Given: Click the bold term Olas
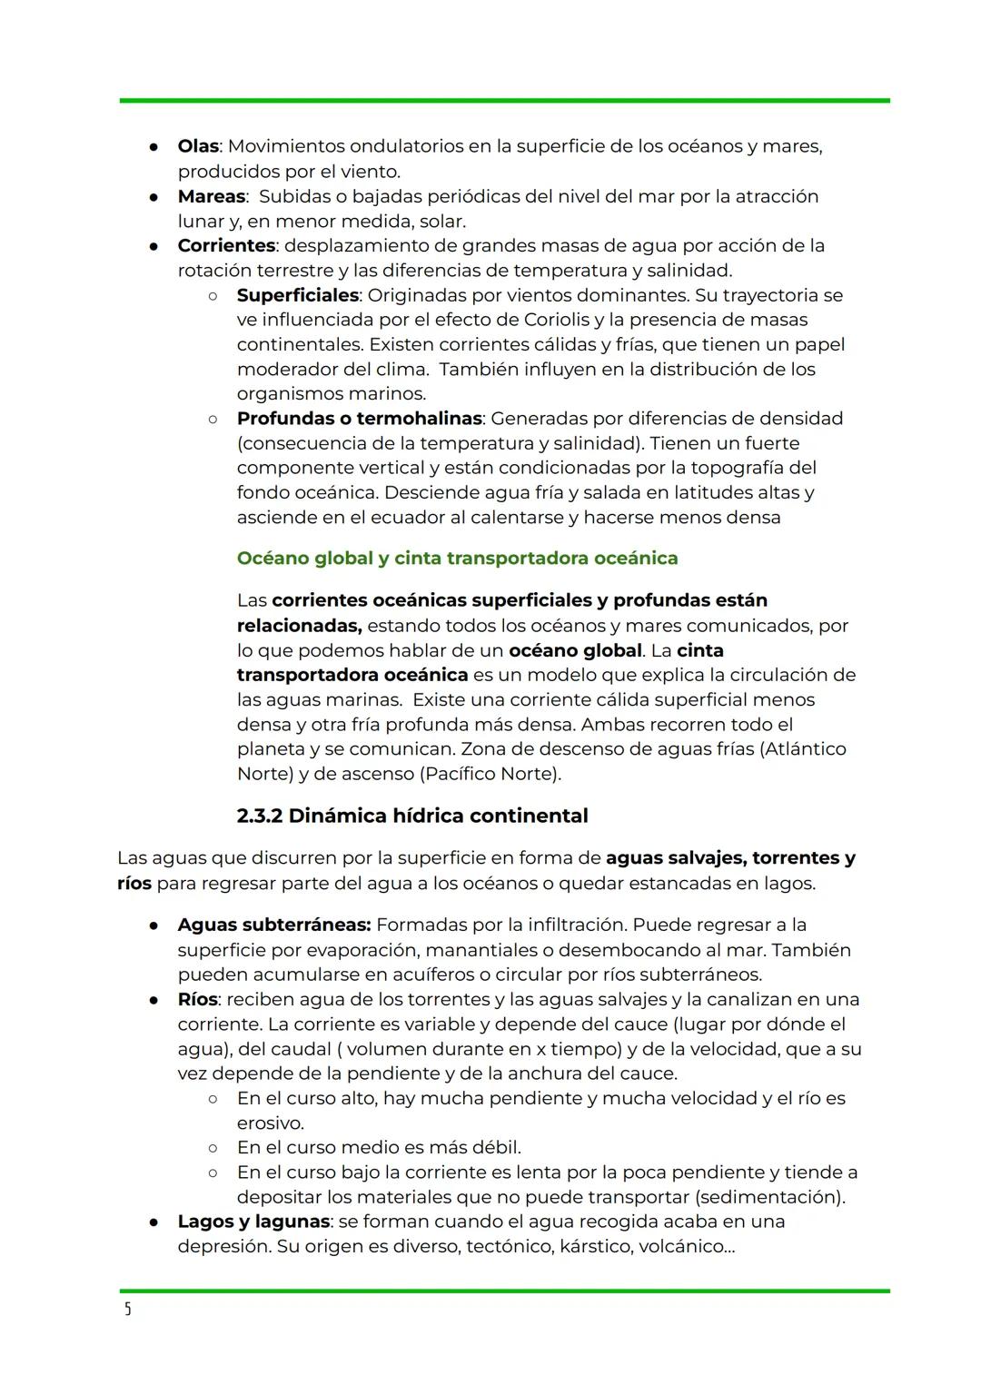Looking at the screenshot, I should pos(198,146).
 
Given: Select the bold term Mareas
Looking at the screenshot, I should pos(211,196).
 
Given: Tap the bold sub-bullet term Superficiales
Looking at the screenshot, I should pos(297,295).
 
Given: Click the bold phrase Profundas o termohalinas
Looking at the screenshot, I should pos(360,419).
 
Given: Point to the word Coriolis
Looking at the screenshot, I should pos(561,320).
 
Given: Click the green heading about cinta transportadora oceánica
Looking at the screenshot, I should pos(457,558).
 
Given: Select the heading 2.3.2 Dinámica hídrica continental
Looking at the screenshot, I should pos(411,816).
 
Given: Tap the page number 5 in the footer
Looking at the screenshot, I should pos(127,1309).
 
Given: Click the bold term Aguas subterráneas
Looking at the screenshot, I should pos(273,925).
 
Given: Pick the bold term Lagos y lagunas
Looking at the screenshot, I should pos(253,1222).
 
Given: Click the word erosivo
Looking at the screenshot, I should pos(270,1123).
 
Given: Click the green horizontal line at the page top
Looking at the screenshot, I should pos(504,100).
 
